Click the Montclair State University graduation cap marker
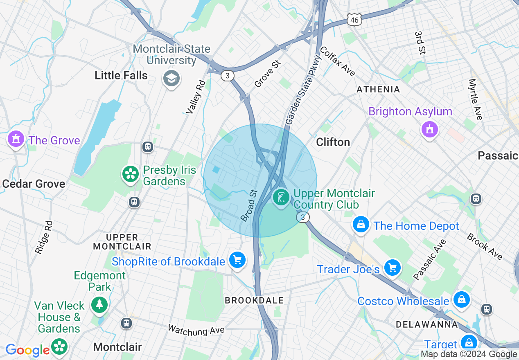click(171, 78)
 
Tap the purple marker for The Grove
click(16, 139)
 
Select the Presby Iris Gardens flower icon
click(131, 174)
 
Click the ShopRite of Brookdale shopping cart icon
click(237, 260)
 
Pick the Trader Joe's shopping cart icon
click(393, 268)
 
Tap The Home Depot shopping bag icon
click(361, 225)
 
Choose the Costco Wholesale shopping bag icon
click(461, 300)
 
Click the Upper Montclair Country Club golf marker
click(281, 198)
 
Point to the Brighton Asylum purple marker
click(429, 130)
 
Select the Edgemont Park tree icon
click(99, 304)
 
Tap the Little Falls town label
click(121, 75)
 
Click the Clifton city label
click(333, 142)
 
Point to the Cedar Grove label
click(34, 184)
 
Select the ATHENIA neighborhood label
click(378, 89)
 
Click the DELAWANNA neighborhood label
click(426, 324)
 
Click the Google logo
click(27, 350)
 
